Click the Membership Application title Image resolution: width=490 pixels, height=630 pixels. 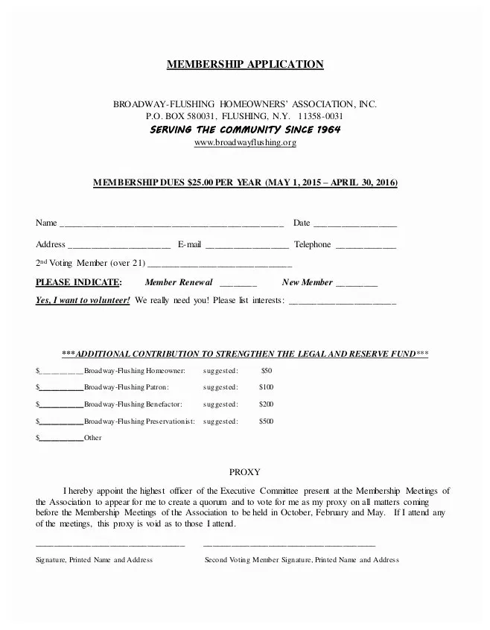pyautogui.click(x=244, y=64)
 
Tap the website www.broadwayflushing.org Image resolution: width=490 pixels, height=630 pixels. pyautogui.click(x=244, y=142)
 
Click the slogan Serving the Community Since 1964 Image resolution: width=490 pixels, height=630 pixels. pyautogui.click(x=245, y=130)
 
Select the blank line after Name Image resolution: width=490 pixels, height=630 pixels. pyautogui.click(x=171, y=224)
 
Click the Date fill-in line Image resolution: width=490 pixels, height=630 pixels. pyautogui.click(x=355, y=224)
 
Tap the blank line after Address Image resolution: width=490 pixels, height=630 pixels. pyautogui.click(x=119, y=246)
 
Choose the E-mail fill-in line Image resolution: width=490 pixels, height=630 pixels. pyautogui.click(x=246, y=246)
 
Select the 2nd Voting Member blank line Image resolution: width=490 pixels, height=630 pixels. pyautogui.click(x=220, y=264)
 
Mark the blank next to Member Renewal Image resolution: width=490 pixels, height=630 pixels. pyautogui.click(x=238, y=284)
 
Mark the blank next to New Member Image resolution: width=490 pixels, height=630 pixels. pyautogui.click(x=357, y=284)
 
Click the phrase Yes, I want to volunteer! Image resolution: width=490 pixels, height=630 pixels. pyautogui.click(x=83, y=300)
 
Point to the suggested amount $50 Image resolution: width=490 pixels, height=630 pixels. pyautogui.click(x=267, y=370)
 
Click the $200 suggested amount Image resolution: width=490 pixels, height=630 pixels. pyautogui.click(x=266, y=404)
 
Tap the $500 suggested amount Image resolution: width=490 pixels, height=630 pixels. pyautogui.click(x=266, y=421)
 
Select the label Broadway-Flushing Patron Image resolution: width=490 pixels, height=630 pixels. pyautogui.click(x=126, y=387)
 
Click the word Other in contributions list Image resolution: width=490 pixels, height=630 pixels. pyautogui.click(x=92, y=438)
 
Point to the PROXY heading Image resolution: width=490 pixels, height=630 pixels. pyautogui.click(x=244, y=472)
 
